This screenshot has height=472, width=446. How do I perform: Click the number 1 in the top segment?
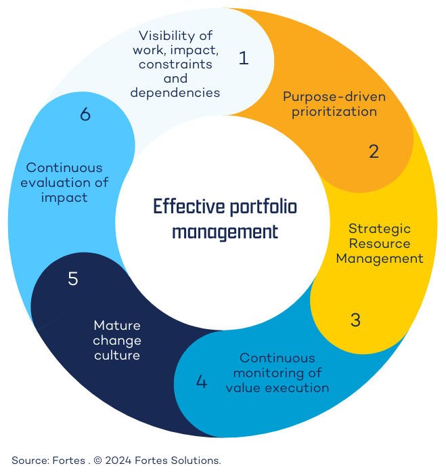point(244,59)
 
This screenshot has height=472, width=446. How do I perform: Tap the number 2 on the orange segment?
point(374,152)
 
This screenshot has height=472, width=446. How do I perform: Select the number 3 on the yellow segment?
point(355,320)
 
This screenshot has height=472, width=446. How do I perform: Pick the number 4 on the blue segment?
point(201,382)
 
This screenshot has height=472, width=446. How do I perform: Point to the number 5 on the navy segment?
point(73,279)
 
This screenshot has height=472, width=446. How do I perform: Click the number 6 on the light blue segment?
point(85,115)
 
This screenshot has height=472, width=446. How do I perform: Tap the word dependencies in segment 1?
point(175,93)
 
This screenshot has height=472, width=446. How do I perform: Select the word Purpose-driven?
point(334,96)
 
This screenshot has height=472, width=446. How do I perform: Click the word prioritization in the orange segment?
point(334,111)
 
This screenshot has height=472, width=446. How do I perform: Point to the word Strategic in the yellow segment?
point(379,229)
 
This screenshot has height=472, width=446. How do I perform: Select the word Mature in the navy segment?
point(117,325)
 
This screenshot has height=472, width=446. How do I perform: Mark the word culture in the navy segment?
point(117,355)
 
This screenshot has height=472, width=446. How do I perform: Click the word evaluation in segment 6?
point(75,182)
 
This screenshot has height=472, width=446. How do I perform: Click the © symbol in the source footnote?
point(98,460)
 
